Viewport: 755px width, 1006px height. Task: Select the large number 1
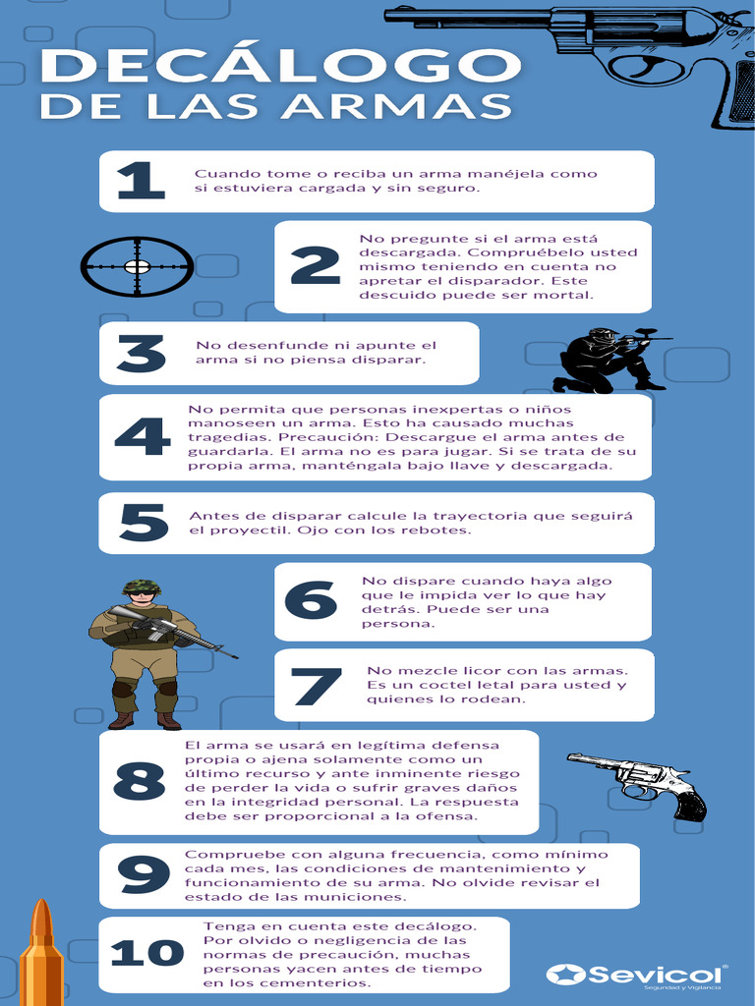(x=142, y=181)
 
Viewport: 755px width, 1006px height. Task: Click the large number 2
(x=315, y=265)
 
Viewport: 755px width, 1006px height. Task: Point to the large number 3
(x=142, y=354)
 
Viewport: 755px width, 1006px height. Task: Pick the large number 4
(x=143, y=437)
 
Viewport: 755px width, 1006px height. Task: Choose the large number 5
(x=144, y=523)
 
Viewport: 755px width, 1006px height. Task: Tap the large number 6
(x=312, y=600)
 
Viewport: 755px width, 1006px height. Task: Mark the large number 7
(x=316, y=687)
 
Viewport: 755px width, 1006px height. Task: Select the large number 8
(x=140, y=781)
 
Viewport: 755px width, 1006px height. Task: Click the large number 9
(x=144, y=874)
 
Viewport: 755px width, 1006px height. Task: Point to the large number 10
(x=147, y=952)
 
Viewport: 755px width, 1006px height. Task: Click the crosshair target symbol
(x=137, y=266)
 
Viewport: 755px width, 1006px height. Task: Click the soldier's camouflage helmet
(x=142, y=587)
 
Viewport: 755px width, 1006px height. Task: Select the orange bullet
(x=41, y=953)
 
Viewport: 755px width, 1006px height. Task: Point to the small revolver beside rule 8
(x=637, y=786)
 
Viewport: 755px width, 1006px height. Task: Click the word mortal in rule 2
(x=565, y=295)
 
